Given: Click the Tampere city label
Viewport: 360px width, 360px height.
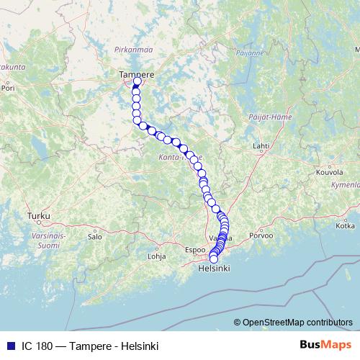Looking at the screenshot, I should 136,73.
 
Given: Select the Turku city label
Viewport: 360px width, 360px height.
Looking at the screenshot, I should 36,216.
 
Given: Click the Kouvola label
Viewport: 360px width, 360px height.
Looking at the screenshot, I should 330,174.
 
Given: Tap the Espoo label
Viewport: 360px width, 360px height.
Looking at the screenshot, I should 196,250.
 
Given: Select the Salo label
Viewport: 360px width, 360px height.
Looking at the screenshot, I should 94,235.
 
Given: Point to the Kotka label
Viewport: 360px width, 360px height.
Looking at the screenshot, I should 346,225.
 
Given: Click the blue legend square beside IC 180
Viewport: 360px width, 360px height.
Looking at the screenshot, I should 8,345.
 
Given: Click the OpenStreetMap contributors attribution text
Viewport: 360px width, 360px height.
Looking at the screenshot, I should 294,323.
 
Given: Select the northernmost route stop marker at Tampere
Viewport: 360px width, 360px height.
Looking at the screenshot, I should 138,81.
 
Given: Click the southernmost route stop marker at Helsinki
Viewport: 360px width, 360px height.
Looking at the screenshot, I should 213,259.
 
